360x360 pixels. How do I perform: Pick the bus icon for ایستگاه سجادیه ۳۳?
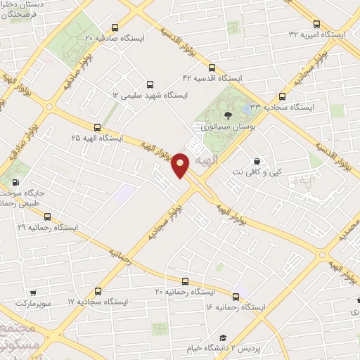[x=282, y=97]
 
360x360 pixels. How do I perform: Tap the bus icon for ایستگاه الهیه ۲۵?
[x=97, y=128]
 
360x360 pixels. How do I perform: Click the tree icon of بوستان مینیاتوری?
[x=226, y=116]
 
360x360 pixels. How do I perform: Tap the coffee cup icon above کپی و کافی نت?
[x=257, y=160]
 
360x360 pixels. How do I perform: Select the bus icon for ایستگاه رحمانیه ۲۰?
[x=185, y=280]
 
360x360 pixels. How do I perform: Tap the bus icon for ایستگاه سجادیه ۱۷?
[x=98, y=290]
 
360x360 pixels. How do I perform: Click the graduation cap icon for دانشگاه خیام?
[x=222, y=338]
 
